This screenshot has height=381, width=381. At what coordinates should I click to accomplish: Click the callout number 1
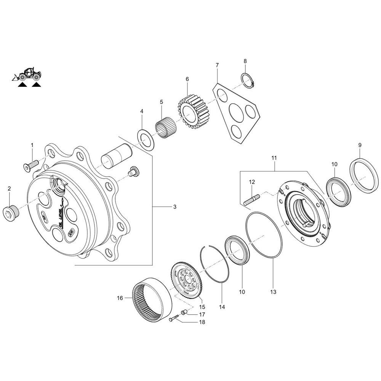(32, 145)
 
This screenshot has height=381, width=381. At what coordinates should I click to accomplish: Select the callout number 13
(273, 292)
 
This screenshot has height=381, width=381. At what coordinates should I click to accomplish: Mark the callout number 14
(222, 307)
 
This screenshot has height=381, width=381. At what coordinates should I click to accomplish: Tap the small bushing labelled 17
(184, 312)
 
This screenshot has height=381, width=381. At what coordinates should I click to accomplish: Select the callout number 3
(174, 207)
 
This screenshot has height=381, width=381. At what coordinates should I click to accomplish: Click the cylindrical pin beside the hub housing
(116, 156)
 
